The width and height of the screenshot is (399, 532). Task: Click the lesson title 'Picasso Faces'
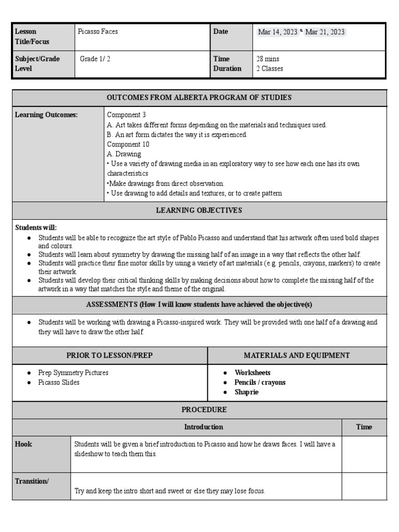click(x=98, y=32)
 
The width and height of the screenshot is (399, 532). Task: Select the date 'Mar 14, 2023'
click(x=277, y=32)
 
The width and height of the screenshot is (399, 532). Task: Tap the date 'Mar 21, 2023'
click(x=325, y=32)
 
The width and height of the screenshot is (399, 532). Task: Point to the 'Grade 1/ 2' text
click(x=95, y=59)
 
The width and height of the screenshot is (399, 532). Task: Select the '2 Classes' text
click(x=270, y=69)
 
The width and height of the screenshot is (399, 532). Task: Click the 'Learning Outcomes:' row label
click(x=46, y=115)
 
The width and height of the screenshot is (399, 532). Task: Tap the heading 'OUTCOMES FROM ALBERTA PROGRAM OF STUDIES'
click(x=199, y=98)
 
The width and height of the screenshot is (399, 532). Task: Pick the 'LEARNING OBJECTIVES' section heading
click(x=199, y=210)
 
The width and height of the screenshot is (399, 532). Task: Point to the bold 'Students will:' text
click(x=36, y=228)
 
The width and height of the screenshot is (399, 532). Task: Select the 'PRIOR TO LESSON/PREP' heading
click(x=110, y=355)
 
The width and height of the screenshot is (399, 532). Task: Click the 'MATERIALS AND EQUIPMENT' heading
click(x=297, y=355)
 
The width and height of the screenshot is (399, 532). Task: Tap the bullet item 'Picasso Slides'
click(x=59, y=382)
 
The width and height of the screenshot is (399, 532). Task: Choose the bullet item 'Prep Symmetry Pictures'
click(x=73, y=373)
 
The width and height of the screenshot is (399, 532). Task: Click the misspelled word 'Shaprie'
click(x=246, y=392)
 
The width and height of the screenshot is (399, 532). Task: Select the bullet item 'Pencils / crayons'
click(x=260, y=382)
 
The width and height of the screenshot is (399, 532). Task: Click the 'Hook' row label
click(x=23, y=444)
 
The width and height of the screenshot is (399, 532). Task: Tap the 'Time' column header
click(x=364, y=427)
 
